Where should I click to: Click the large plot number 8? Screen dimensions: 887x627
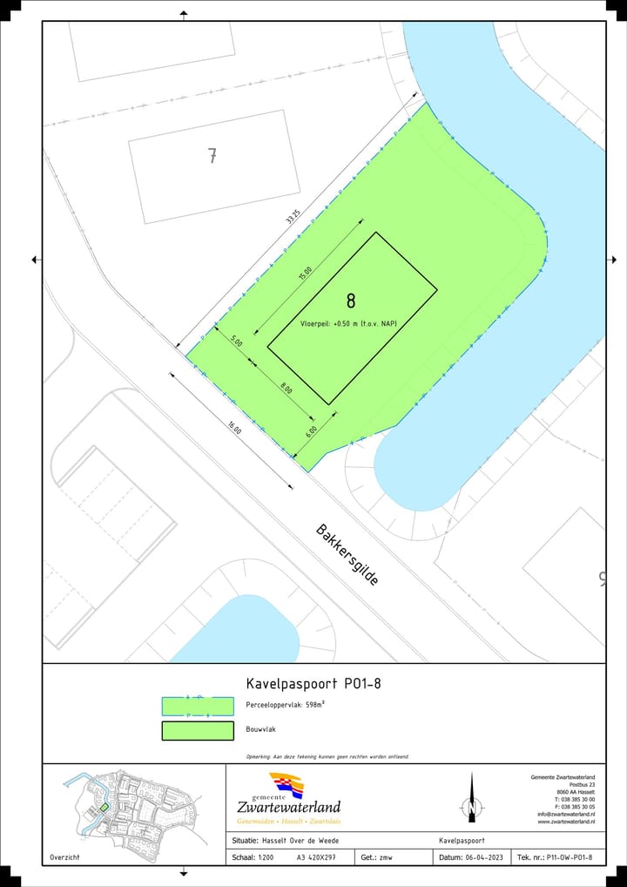(351, 301)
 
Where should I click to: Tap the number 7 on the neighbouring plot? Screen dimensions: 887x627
(212, 156)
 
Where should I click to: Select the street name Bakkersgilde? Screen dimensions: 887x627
(347, 554)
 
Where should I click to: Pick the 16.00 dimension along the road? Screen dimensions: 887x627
(235, 428)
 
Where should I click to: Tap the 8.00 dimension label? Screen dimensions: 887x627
(286, 389)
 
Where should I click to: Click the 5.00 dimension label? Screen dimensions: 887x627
(236, 342)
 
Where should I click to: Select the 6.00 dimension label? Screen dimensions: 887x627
(311, 430)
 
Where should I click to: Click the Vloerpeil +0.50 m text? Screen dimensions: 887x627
(348, 322)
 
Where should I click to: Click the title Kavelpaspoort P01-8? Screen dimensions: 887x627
(314, 683)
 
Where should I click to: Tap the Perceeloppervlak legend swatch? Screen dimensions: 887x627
(198, 706)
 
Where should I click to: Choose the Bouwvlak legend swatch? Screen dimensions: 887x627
(198, 731)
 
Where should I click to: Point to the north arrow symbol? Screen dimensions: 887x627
(471, 799)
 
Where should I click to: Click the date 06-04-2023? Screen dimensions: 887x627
(484, 857)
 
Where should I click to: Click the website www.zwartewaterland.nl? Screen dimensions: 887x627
(566, 821)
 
